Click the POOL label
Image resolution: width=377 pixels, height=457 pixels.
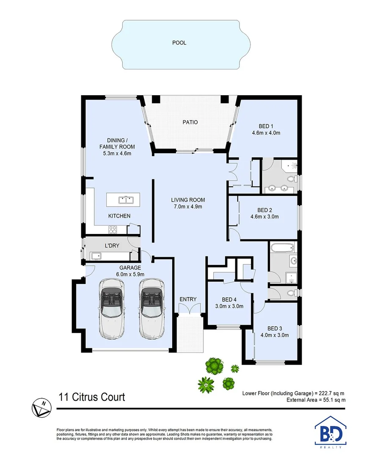179,43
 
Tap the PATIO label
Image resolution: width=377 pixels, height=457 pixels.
190,122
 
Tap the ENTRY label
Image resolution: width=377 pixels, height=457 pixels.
188,300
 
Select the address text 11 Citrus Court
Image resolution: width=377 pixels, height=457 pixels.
91,397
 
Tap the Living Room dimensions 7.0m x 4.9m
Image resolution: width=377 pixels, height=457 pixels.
188,207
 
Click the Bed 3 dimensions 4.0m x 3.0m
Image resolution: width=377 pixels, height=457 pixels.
275,335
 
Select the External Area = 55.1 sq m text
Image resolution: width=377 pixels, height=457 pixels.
316,399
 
